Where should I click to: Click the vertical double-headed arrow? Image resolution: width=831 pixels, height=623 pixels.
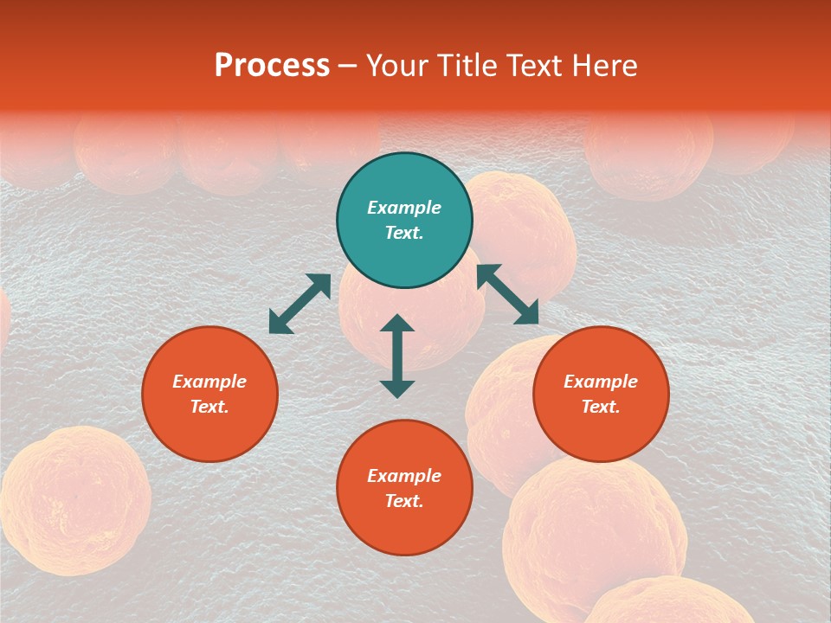[x=397, y=356]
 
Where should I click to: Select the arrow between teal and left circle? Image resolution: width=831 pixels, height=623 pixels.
[x=300, y=304]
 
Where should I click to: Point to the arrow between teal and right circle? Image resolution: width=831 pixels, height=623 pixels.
[x=508, y=294]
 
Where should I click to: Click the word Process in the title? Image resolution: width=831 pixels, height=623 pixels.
[x=272, y=66]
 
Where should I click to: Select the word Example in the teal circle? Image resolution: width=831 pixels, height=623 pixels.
[x=404, y=208]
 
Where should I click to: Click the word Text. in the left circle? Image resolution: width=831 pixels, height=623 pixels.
[x=209, y=407]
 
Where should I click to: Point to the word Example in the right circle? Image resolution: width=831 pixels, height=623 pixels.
[x=601, y=382]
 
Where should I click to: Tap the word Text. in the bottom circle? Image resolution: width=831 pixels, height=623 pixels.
[x=404, y=501]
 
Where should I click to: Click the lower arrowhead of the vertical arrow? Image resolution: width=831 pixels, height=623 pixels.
[x=397, y=389]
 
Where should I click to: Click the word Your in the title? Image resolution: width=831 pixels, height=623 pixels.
[x=396, y=66]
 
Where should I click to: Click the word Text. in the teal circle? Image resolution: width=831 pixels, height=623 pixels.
[x=404, y=233]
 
